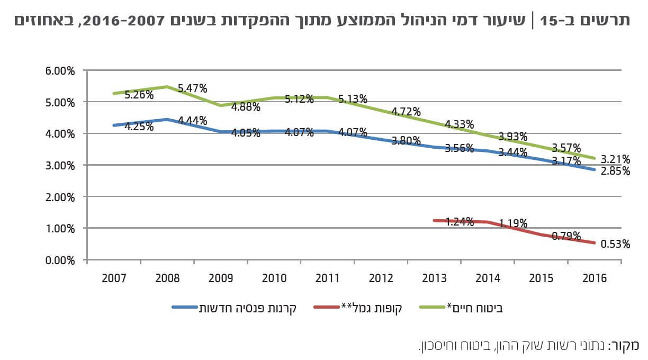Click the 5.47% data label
(x=192, y=88)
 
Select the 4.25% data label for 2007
(x=139, y=127)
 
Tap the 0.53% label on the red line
(x=616, y=244)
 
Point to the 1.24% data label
(x=459, y=222)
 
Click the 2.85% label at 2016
(x=616, y=171)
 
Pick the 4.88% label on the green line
(x=246, y=107)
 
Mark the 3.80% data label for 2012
(x=406, y=141)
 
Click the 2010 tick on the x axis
(x=274, y=278)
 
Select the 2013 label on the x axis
(x=434, y=278)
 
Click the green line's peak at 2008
(x=167, y=86)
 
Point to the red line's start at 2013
(x=434, y=220)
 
